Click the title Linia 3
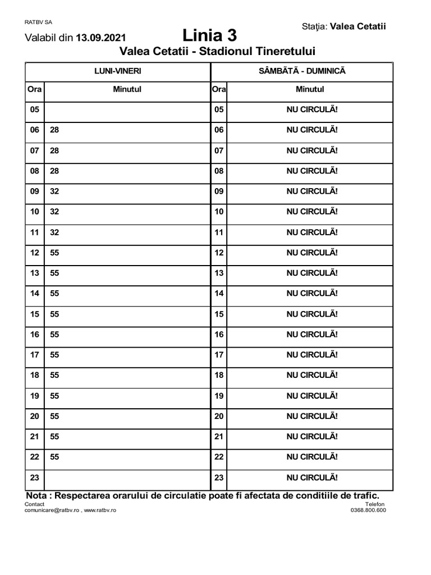[210, 36]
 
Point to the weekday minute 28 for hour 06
[54, 130]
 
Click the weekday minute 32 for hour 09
[54, 191]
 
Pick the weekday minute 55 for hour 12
[54, 253]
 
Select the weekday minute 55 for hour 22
[54, 457]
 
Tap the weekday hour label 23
[35, 478]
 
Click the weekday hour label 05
[35, 109]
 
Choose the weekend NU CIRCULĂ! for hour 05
[312, 109]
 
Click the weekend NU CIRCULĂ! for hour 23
[312, 478]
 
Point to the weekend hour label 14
[219, 294]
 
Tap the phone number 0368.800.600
[368, 510]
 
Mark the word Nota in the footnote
[38, 496]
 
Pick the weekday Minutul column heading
[127, 89]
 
